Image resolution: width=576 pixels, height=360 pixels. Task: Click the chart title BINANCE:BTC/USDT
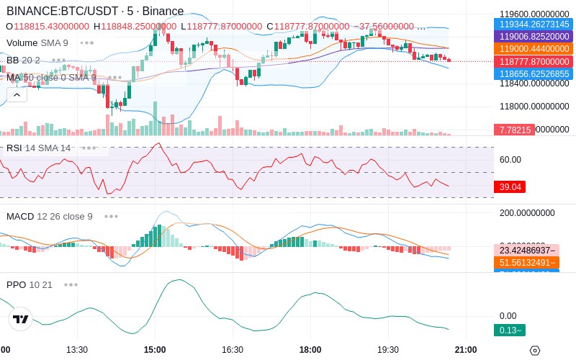(x=63, y=11)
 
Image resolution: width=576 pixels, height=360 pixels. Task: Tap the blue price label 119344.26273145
(x=533, y=24)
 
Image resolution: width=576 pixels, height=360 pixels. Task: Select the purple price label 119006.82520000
(x=533, y=36)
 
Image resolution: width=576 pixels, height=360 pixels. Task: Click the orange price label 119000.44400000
(x=533, y=48)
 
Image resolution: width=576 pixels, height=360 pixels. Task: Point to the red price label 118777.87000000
(x=533, y=61)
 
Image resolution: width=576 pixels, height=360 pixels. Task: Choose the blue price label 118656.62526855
(x=533, y=73)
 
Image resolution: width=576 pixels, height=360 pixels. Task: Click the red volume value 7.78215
(x=513, y=130)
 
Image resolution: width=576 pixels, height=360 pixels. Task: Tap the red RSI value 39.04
(x=510, y=186)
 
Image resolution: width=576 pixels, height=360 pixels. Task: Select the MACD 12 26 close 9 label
(x=49, y=216)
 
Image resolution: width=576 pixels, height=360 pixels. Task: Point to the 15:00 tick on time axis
(x=155, y=349)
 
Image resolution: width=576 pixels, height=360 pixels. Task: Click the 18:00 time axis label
(x=310, y=349)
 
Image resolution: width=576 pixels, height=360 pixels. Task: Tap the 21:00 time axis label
(x=464, y=349)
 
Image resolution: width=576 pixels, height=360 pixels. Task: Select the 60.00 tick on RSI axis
(x=510, y=159)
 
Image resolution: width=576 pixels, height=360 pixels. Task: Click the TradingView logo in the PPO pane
(x=21, y=319)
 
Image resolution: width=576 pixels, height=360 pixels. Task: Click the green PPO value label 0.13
(x=509, y=330)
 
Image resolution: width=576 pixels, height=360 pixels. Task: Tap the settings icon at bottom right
(x=534, y=351)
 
